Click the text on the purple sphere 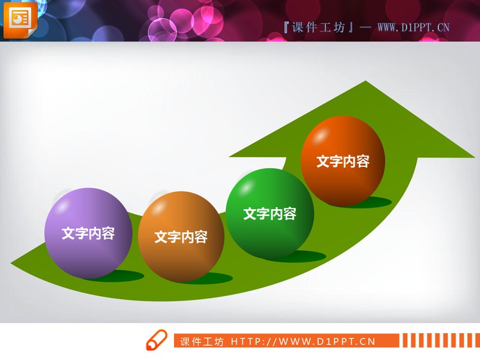click(x=88, y=233)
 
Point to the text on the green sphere click(x=269, y=214)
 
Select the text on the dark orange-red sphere click(x=343, y=161)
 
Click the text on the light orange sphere click(x=181, y=237)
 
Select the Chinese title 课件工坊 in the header click(x=318, y=27)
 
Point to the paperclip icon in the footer click(x=156, y=340)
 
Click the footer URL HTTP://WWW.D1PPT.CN click(x=303, y=341)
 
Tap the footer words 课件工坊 click(x=202, y=341)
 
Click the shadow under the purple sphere click(x=125, y=276)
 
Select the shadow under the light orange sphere click(x=214, y=278)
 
